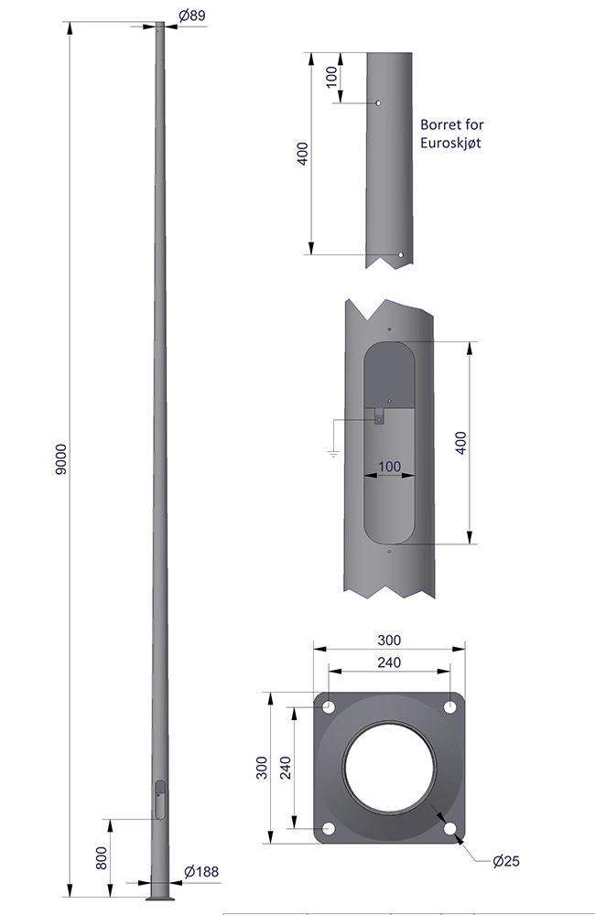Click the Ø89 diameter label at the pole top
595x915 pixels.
pyautogui.click(x=192, y=16)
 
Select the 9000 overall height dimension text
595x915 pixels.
pyautogui.click(x=61, y=459)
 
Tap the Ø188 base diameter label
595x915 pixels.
pyautogui.click(x=201, y=872)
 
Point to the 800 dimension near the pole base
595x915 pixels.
pyautogui.click(x=102, y=858)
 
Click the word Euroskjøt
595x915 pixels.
pyautogui.click(x=450, y=143)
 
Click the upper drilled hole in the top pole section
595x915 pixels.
pyautogui.click(x=378, y=103)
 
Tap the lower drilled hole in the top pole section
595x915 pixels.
pyautogui.click(x=401, y=255)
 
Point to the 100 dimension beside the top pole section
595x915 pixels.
pyautogui.click(x=331, y=77)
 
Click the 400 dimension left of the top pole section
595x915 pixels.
pyautogui.click(x=302, y=154)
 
